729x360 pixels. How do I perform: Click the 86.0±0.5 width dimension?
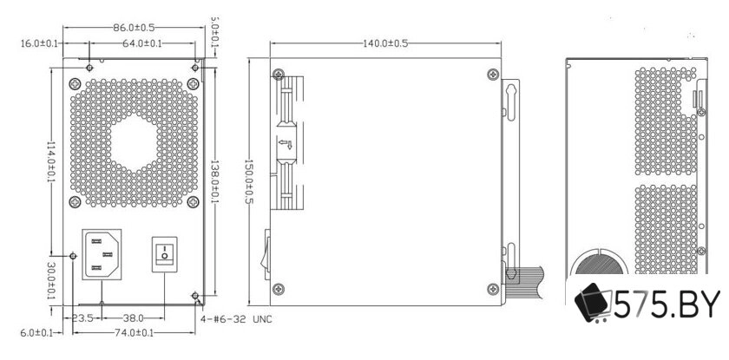tap(135, 29)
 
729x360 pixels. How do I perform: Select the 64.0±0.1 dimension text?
tap(141, 43)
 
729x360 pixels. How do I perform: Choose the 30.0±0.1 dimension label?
tap(51, 282)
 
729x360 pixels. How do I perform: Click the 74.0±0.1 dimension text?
tap(133, 332)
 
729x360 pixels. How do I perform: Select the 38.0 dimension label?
tap(133, 318)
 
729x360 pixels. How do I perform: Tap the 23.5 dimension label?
tap(83, 318)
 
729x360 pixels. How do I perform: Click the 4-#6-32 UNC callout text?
tap(236, 319)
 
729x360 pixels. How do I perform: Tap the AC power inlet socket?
tap(102, 253)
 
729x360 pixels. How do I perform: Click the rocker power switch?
tap(165, 254)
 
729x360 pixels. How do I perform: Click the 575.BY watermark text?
tap(665, 306)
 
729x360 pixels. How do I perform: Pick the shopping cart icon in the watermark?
tap(595, 305)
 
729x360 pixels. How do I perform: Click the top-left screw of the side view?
tap(277, 74)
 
